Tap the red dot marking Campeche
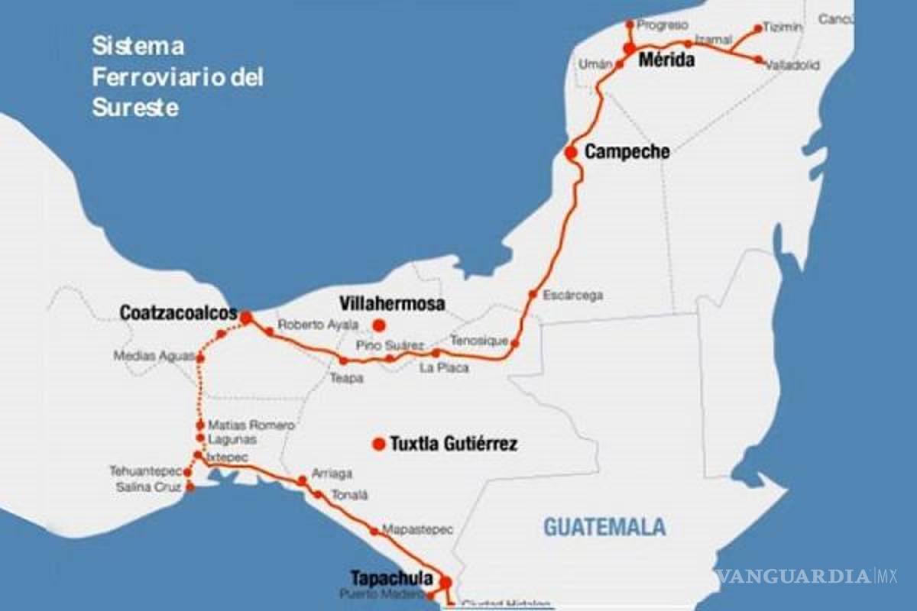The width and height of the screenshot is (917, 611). point(570,152)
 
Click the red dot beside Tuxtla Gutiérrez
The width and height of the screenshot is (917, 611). point(378,444)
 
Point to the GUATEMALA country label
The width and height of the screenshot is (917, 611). point(604,527)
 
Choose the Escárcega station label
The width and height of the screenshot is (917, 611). point(572,295)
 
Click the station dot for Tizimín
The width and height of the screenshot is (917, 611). point(757,29)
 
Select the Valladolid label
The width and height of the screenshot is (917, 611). point(792,66)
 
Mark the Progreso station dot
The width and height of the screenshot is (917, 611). point(630,24)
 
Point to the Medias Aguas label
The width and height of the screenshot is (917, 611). point(154,355)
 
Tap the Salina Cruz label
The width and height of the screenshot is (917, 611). point(148,487)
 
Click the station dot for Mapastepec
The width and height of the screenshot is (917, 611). point(374,531)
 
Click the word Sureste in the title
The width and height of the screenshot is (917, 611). point(135,108)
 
